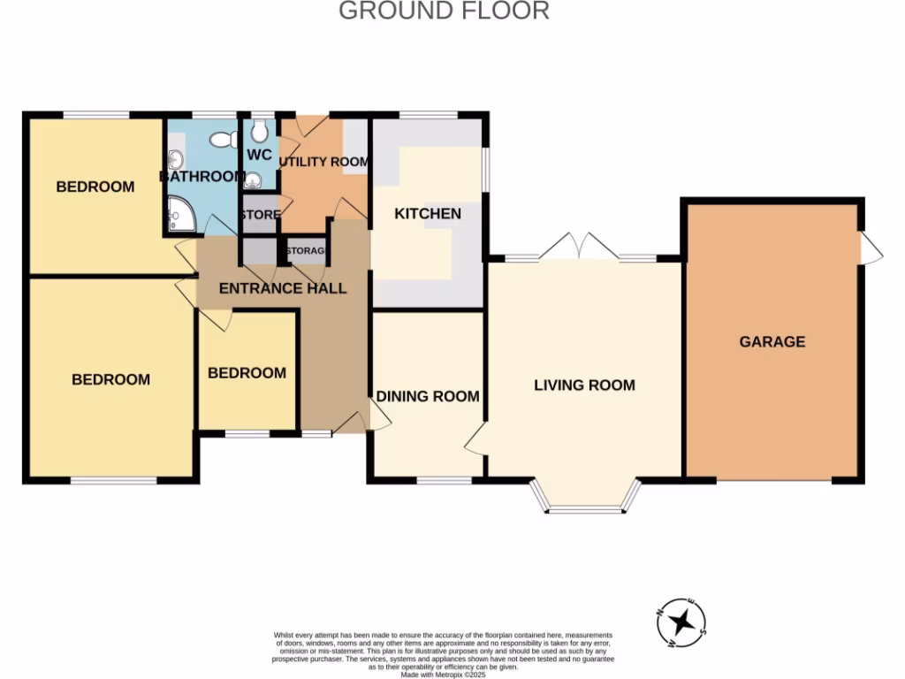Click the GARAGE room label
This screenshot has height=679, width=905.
click(x=772, y=341)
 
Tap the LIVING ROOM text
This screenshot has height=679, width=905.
click(x=584, y=385)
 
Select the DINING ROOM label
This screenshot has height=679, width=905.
click(x=428, y=396)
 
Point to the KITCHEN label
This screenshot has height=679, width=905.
click(x=427, y=214)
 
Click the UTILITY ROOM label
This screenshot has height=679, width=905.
click(x=323, y=162)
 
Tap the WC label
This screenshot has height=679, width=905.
click(x=259, y=155)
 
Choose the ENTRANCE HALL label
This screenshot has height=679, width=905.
click(x=283, y=288)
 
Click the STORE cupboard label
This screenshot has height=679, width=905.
click(x=260, y=215)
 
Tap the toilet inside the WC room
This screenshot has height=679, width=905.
click(x=259, y=132)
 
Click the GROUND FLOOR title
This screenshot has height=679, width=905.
click(x=444, y=11)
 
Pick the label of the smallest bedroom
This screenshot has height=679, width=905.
click(x=247, y=373)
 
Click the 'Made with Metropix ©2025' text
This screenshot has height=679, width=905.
click(x=443, y=674)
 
